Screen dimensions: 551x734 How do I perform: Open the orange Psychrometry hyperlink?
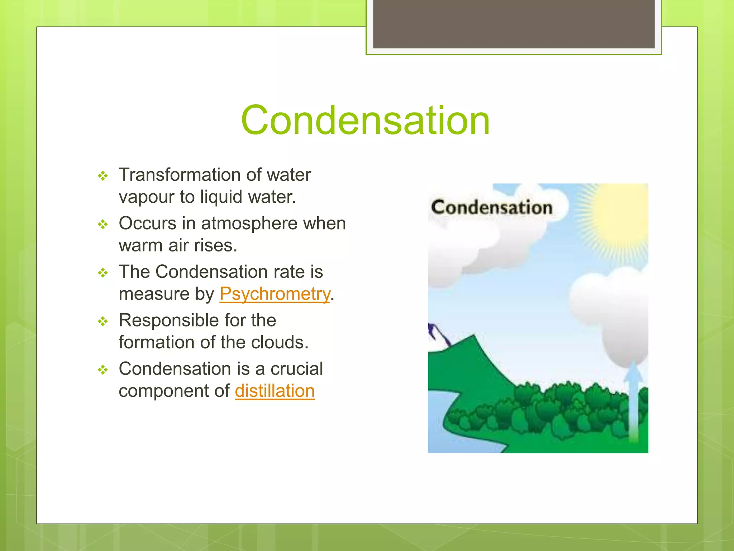click(x=275, y=294)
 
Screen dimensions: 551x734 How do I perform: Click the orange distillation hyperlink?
click(x=275, y=391)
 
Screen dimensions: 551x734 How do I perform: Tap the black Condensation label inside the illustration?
click(x=491, y=208)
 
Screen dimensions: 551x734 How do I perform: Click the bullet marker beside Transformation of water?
click(x=103, y=176)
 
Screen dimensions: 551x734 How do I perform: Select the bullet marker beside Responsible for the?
click(x=103, y=321)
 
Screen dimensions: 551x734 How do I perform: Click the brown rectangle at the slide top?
click(x=514, y=24)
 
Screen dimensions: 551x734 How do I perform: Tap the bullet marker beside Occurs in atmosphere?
click(x=103, y=225)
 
